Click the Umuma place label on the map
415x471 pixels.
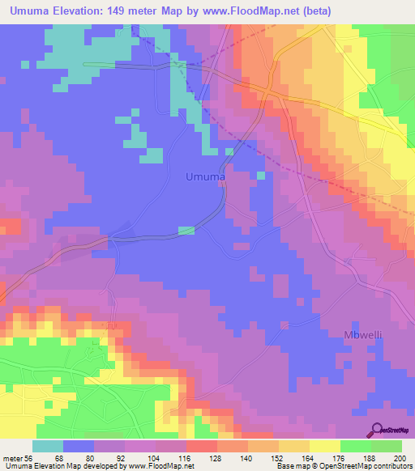pyautogui.click(x=205, y=176)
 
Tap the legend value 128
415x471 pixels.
pyautogui.click(x=216, y=459)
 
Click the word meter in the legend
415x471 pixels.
pyautogui.click(x=14, y=459)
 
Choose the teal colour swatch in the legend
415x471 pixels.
pyautogui.click(x=48, y=447)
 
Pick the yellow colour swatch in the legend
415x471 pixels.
pyautogui.click(x=323, y=447)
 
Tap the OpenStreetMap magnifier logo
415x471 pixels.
pyautogui.click(x=378, y=431)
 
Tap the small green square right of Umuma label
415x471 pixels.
pyautogui.click(x=261, y=175)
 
